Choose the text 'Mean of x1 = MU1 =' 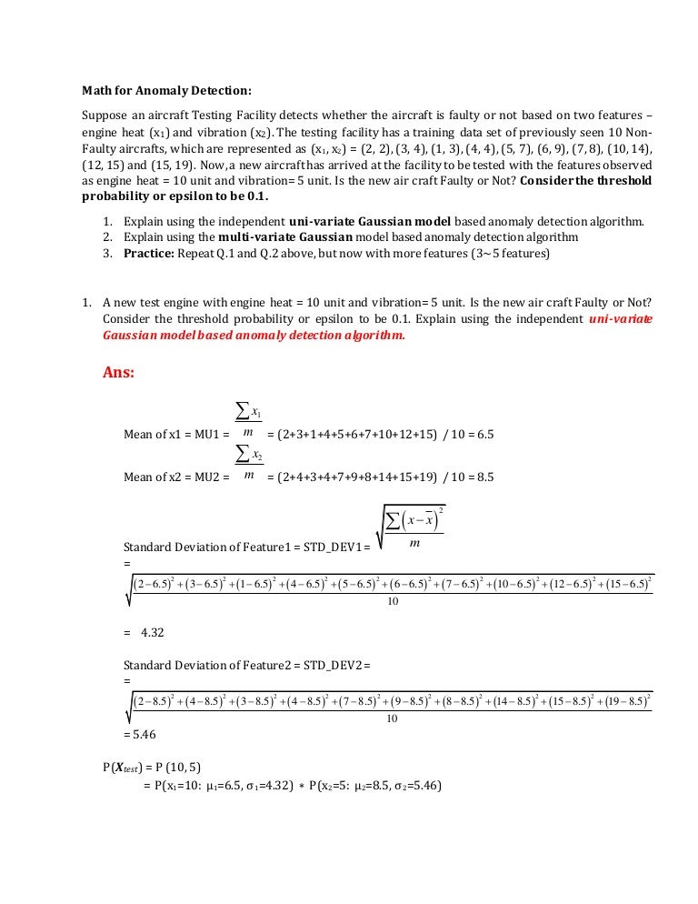[174, 435]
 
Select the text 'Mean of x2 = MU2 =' [174, 477]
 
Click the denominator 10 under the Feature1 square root [393, 603]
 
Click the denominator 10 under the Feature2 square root [393, 718]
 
